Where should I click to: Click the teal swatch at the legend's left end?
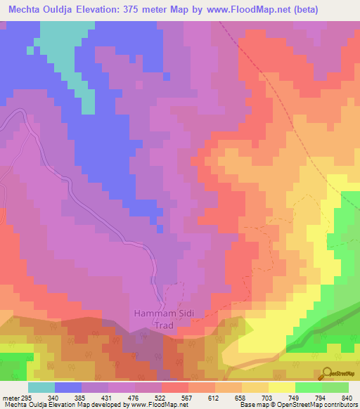tap(41, 387)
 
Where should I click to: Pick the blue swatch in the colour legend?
tap(68, 387)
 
